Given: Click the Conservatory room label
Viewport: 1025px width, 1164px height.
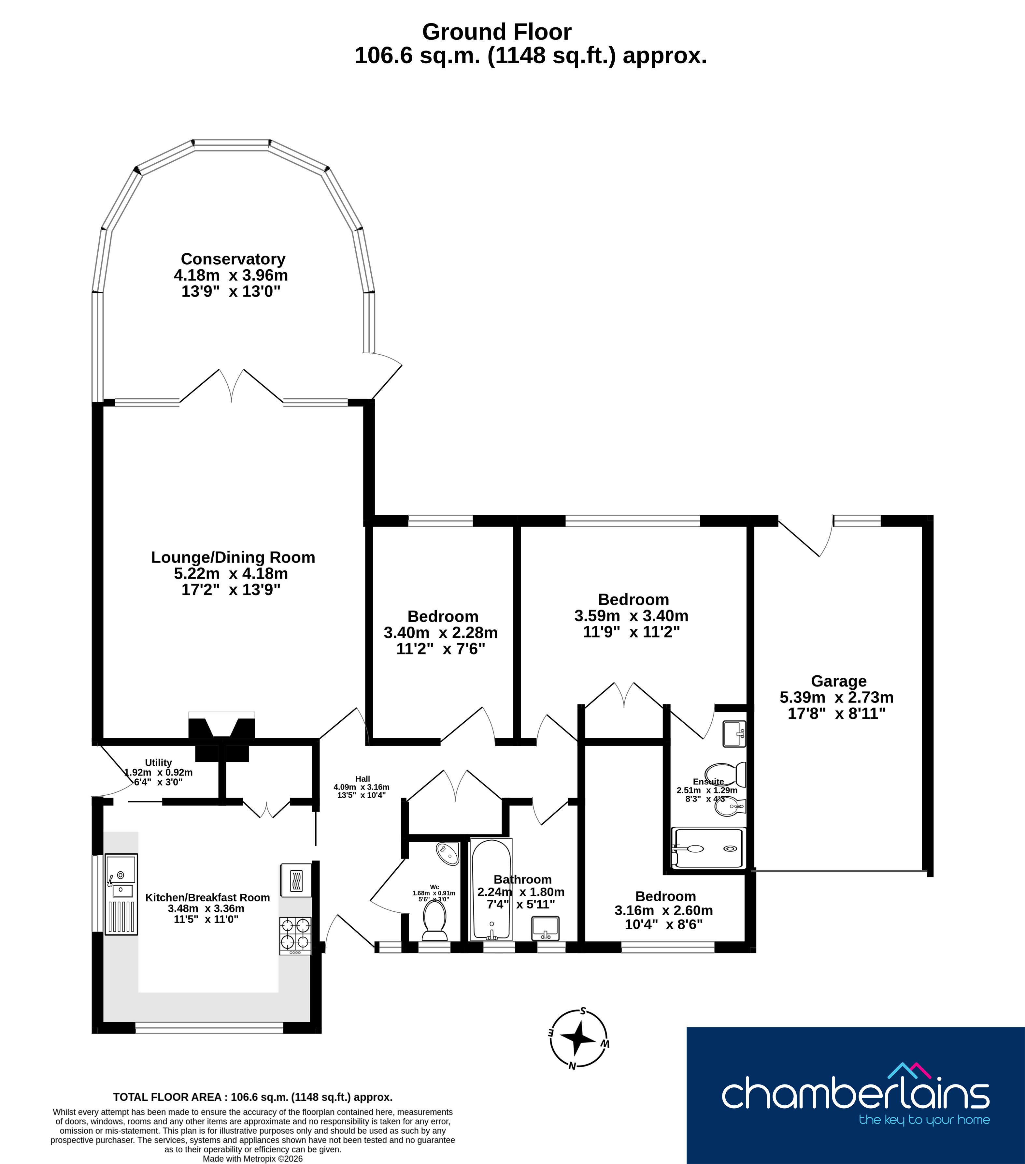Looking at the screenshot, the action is point(233,259).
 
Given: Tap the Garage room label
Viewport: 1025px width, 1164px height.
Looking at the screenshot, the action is point(838,681).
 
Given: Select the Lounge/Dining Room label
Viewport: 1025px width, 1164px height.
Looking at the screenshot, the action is point(233,557).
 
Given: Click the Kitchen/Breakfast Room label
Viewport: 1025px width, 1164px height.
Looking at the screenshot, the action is point(207,897).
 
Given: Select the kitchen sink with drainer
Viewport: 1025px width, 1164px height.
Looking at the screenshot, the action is point(121,894).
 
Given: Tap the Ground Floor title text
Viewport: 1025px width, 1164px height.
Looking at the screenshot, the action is point(496,32).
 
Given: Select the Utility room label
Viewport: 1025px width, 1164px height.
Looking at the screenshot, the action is point(158,762).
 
